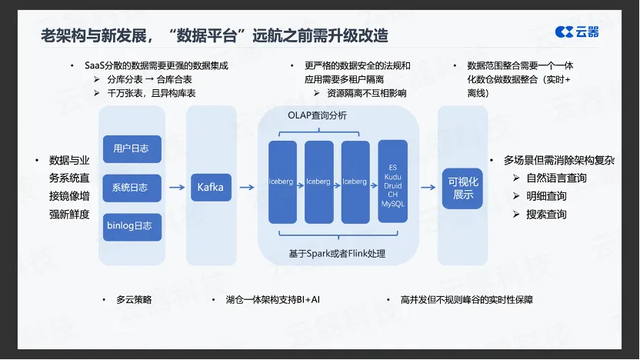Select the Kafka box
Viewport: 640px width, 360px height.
pyautogui.click(x=210, y=187)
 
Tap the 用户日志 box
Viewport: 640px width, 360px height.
pyautogui.click(x=132, y=148)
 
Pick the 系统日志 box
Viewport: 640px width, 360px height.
pyautogui.click(x=132, y=187)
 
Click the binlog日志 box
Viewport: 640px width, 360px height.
pyautogui.click(x=132, y=226)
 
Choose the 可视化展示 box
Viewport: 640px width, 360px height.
pyautogui.click(x=463, y=188)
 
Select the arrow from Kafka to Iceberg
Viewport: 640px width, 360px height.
pyautogui.click(x=246, y=187)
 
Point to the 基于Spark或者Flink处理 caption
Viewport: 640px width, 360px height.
pyautogui.click(x=337, y=253)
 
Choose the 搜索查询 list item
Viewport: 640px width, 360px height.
pyautogui.click(x=546, y=214)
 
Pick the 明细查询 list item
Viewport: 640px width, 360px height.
pyautogui.click(x=546, y=196)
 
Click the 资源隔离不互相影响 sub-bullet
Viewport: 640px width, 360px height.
pyautogui.click(x=366, y=93)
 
